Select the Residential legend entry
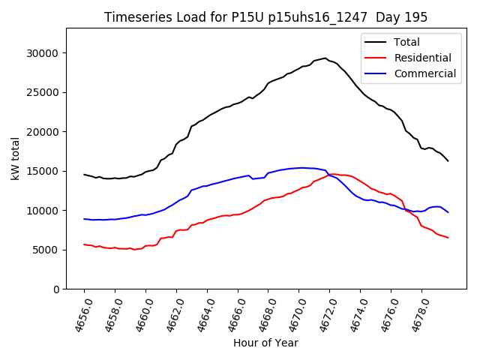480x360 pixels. (x=423, y=58)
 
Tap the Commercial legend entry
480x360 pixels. (x=424, y=73)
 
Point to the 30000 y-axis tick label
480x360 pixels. (x=43, y=53)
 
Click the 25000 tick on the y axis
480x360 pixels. (x=43, y=92)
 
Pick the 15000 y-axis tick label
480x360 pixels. (x=43, y=171)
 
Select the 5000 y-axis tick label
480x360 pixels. (x=46, y=250)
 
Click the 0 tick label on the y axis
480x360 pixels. (x=57, y=289)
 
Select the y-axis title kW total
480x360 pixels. (x=15, y=158)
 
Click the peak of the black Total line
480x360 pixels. (x=325, y=58)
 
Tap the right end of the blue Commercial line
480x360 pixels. (x=448, y=212)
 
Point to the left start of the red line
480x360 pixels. (x=84, y=244)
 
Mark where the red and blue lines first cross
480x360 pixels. (x=328, y=175)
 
